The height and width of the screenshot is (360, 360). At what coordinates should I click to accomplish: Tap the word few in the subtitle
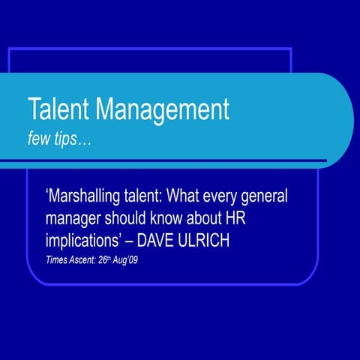click(39, 139)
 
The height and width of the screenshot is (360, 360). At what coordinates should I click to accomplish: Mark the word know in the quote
click(180, 220)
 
